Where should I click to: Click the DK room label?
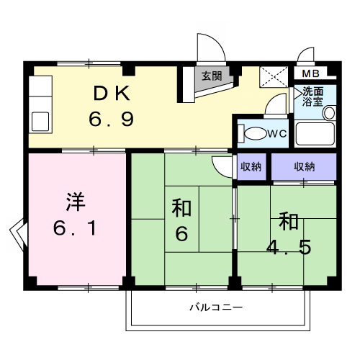(112, 93)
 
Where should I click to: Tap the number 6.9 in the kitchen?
(112, 118)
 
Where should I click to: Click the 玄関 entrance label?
(211, 76)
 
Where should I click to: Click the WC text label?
(277, 133)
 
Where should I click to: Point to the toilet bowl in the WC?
(254, 134)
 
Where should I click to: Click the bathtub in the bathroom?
(315, 135)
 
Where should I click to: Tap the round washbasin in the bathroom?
(329, 113)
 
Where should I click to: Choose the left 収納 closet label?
(251, 167)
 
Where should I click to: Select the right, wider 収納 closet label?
(304, 167)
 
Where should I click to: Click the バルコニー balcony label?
(216, 307)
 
